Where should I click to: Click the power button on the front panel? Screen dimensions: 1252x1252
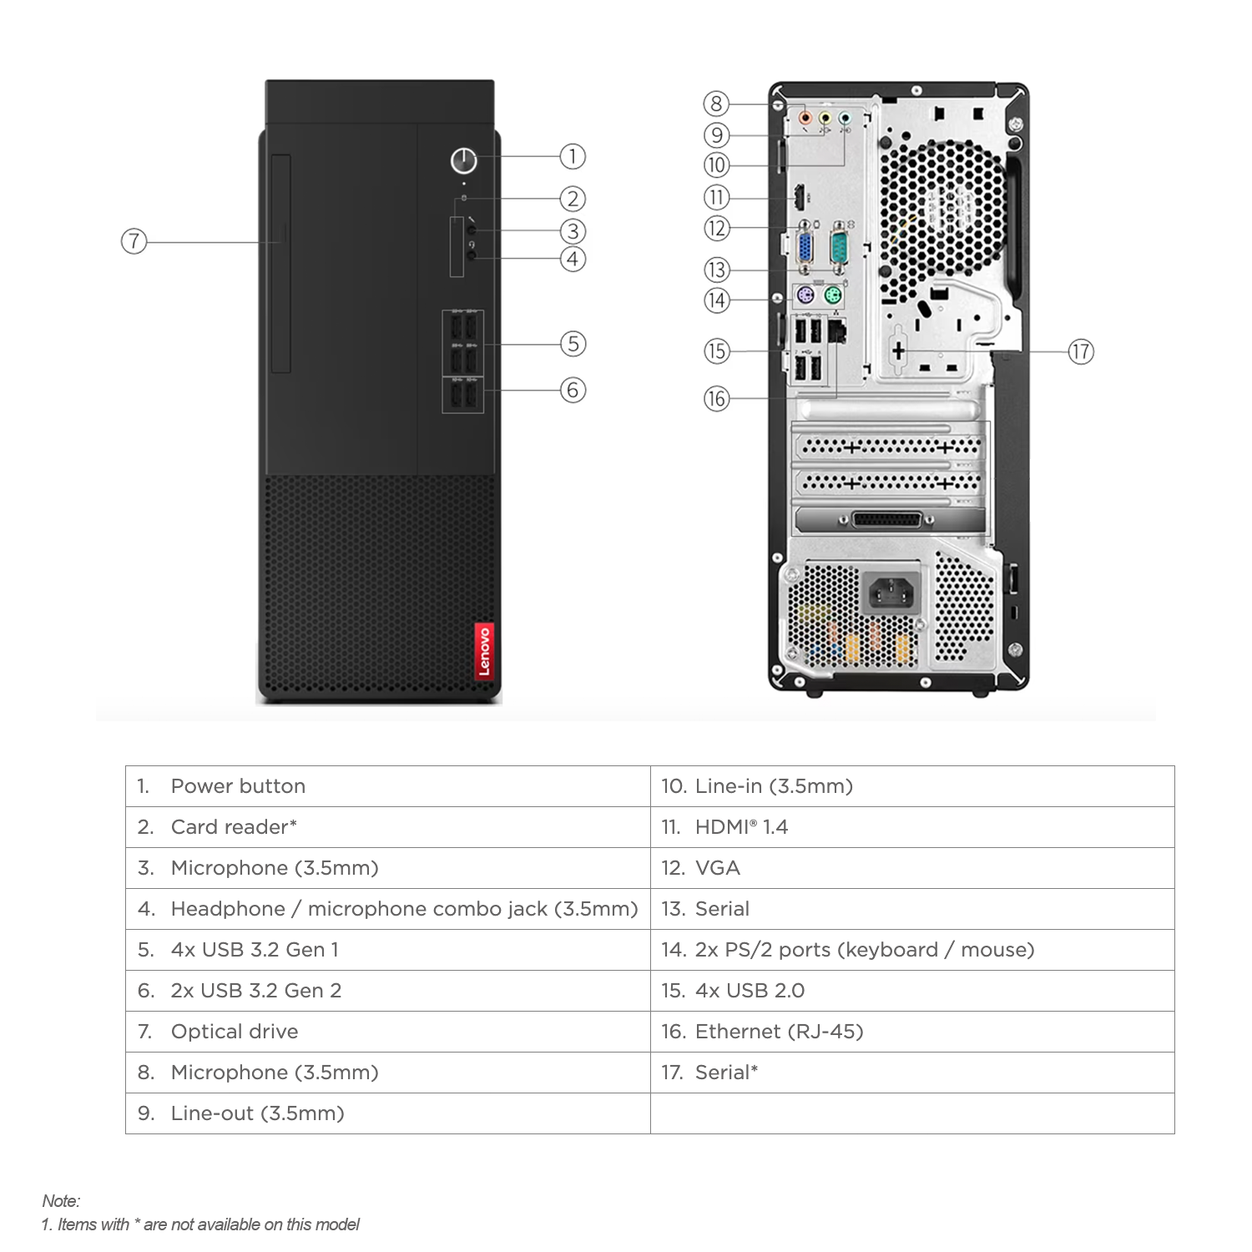[463, 160]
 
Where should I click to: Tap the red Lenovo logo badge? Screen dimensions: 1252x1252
[483, 650]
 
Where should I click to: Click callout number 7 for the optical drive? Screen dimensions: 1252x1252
[134, 242]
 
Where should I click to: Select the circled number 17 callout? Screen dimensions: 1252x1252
[1080, 351]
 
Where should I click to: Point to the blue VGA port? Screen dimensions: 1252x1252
[805, 249]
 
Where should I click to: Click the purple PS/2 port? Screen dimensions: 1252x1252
[802, 296]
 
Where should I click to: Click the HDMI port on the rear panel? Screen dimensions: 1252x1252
[799, 199]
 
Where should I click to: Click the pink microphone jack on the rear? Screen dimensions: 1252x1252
[805, 118]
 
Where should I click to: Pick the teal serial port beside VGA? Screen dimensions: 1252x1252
[840, 249]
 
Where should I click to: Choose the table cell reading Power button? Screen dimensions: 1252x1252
[238, 786]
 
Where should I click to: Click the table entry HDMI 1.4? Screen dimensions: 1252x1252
[741, 827]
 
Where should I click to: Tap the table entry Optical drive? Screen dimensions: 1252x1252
[235, 1032]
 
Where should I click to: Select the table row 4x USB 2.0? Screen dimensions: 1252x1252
[750, 991]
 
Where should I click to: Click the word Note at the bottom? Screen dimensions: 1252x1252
[61, 1201]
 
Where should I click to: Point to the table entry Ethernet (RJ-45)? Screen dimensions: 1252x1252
[779, 1032]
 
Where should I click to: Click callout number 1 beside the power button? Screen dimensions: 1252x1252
[572, 156]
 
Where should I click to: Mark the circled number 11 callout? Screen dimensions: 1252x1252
[716, 198]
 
